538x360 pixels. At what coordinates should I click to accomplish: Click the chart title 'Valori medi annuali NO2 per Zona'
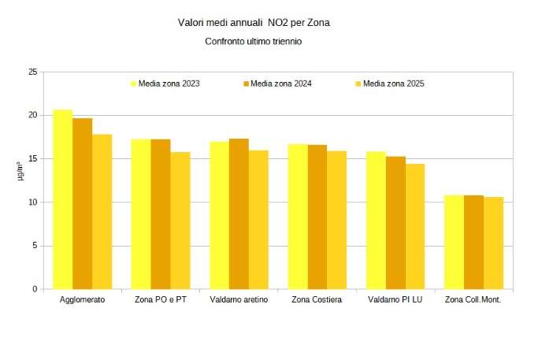pos(254,23)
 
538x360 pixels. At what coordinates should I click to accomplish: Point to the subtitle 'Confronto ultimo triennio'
pos(253,41)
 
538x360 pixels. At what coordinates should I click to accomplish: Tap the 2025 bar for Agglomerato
pos(102,212)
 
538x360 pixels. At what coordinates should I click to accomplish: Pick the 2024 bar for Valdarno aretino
pos(239,213)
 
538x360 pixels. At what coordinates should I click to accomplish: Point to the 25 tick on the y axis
pos(32,72)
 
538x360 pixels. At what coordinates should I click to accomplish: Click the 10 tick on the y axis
pos(32,202)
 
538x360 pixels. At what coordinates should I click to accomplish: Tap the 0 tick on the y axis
pos(35,289)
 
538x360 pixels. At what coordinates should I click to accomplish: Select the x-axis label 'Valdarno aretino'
pos(239,300)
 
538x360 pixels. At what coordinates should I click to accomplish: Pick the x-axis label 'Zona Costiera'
pos(317,300)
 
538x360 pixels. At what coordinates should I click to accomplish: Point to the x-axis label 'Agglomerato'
pos(82,300)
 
